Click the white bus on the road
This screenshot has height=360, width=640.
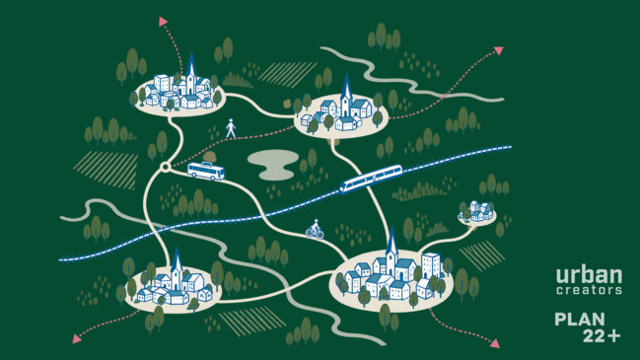click(x=206, y=171)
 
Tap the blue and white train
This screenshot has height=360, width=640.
click(x=371, y=179)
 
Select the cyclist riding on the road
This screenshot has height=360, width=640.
click(x=315, y=229)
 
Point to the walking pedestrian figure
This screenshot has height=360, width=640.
click(x=231, y=128)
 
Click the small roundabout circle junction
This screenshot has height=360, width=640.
click(x=165, y=167)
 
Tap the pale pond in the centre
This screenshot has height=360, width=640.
click(x=273, y=165)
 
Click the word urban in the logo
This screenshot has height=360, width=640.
click(x=589, y=275)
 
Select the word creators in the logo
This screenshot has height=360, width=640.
click(x=589, y=290)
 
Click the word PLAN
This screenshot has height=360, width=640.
click(x=580, y=320)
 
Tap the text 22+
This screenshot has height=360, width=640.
click(x=602, y=335)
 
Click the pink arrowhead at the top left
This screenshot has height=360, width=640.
click(x=164, y=22)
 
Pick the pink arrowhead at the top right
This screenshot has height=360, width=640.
click(x=499, y=50)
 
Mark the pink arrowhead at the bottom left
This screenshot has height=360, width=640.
click(x=76, y=338)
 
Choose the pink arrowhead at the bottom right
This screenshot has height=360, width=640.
click(x=495, y=343)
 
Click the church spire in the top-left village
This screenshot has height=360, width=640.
click(x=191, y=64)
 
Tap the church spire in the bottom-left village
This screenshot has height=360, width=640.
click(x=177, y=259)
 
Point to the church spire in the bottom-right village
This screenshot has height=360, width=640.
click(x=391, y=240)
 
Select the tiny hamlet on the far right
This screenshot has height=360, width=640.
click(x=476, y=213)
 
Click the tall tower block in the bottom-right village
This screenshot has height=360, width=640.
click(x=431, y=265)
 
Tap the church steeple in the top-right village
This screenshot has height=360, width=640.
click(x=346, y=86)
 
